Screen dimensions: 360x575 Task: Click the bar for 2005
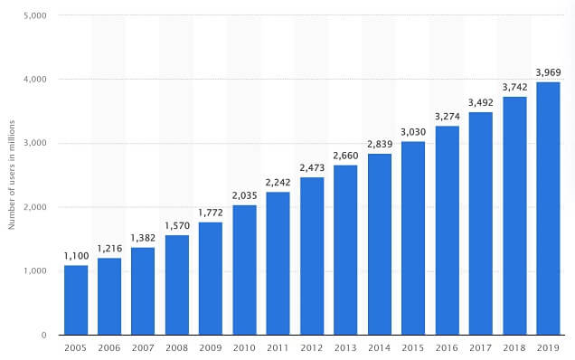coord(76,299)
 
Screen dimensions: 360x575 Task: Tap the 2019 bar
coord(548,208)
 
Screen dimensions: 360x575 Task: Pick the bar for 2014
coord(380,244)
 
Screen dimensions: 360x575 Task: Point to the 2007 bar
coord(144,290)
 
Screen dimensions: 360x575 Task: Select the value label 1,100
coord(76,255)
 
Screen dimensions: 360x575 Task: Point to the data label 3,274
coord(447,116)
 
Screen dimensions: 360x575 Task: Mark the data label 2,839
coord(380,144)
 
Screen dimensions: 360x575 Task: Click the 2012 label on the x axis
coord(312,348)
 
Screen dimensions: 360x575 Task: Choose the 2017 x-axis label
coord(480,348)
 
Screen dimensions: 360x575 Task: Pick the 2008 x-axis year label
coord(177,348)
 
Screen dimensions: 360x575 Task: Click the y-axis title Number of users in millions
coord(13,175)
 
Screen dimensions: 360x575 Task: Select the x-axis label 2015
coord(413,348)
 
